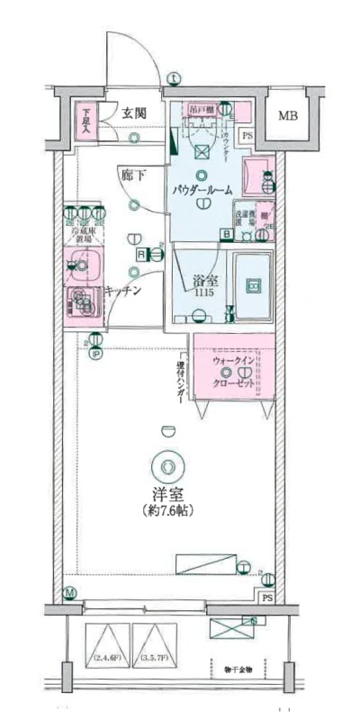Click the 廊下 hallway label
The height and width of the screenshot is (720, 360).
click(132, 175)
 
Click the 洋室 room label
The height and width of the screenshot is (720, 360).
click(167, 493)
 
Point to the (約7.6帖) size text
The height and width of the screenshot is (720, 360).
click(168, 510)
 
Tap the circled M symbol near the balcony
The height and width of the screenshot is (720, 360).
click(70, 593)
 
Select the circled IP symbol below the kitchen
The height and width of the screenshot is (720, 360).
click(96, 353)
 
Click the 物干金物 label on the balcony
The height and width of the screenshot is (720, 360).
click(238, 670)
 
